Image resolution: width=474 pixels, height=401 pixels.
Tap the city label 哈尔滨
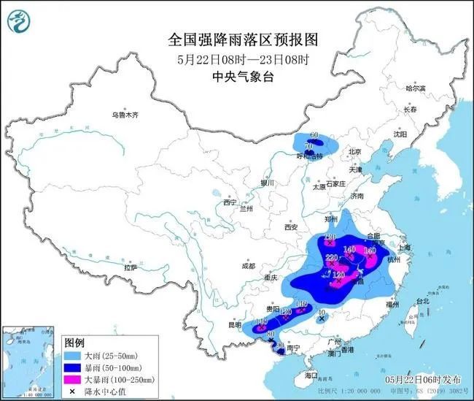[x=415, y=88]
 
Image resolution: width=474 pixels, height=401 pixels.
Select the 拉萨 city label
[x=131, y=267]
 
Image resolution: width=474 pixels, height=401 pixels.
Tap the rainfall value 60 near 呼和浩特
[x=315, y=136]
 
